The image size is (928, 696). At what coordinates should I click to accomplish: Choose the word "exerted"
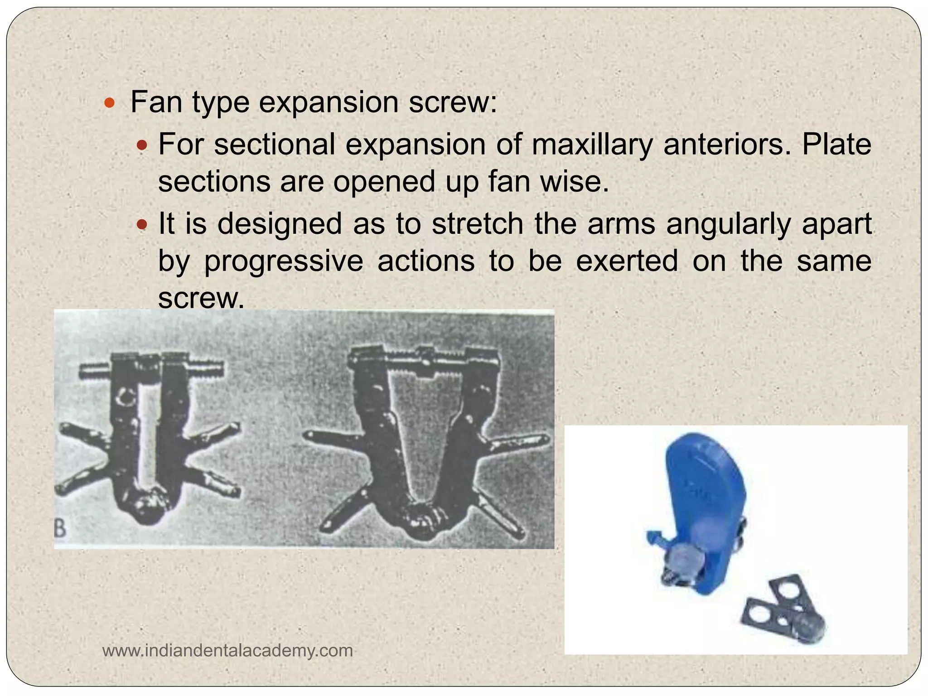click(627, 261)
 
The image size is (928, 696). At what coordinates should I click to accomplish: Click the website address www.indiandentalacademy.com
click(227, 651)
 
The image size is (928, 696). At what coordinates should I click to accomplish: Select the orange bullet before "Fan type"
click(109, 102)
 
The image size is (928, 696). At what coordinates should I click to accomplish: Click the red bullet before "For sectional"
click(142, 145)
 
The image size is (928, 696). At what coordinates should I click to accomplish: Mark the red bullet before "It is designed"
click(142, 224)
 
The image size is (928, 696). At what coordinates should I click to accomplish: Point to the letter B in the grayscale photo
click(60, 529)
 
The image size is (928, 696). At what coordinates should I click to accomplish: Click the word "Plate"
click(836, 145)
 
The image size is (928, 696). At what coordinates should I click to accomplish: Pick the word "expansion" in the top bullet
click(329, 102)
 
